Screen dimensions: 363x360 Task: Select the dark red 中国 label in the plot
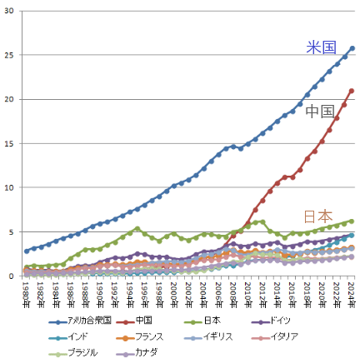tap(320, 111)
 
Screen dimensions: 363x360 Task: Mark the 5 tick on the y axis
tap(15, 231)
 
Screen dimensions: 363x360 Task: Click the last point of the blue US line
tap(352, 48)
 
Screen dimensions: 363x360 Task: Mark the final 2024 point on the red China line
tap(352, 91)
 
